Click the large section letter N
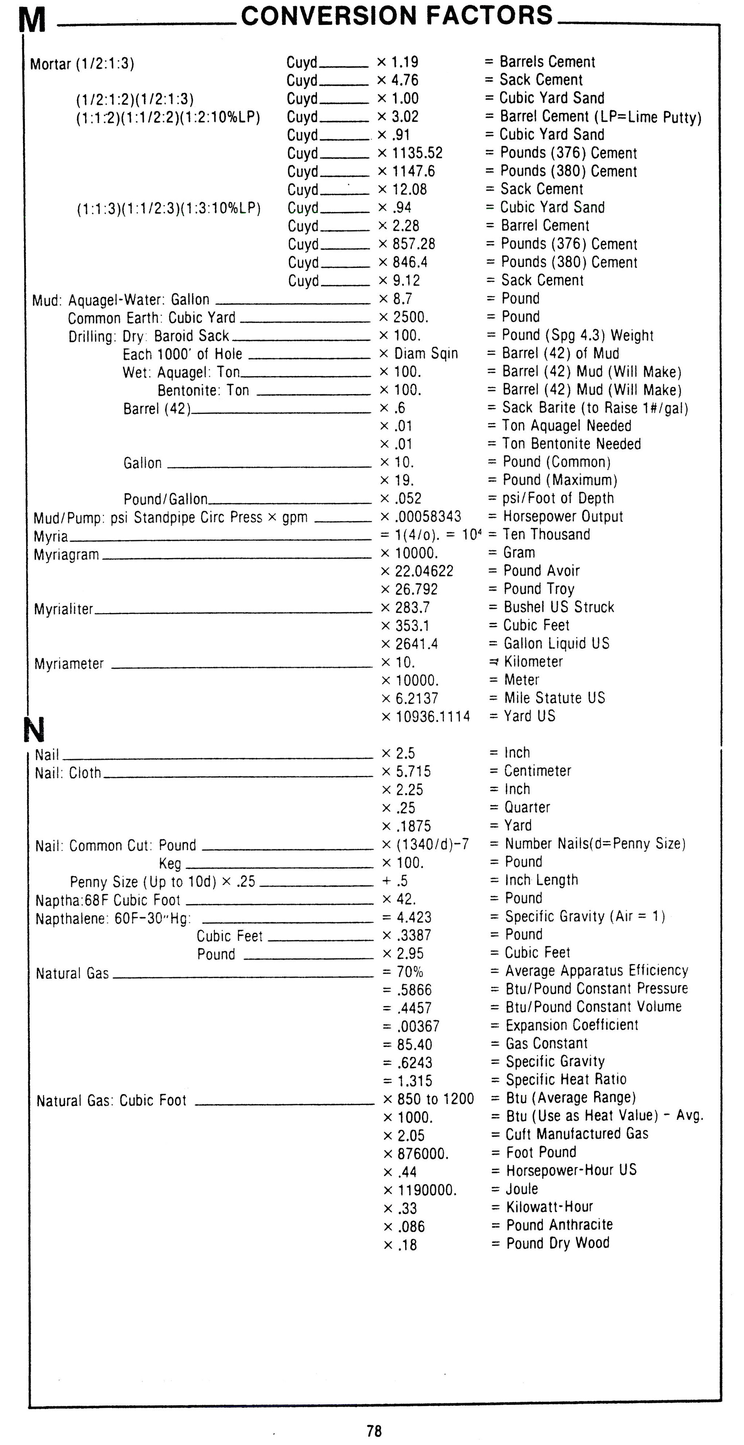(x=34, y=730)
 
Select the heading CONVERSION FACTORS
(x=397, y=15)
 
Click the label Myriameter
(x=69, y=664)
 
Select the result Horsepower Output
(x=563, y=517)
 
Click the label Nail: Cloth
(x=68, y=773)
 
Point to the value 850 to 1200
(x=435, y=1099)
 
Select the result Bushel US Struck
(x=559, y=607)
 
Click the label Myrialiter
(x=63, y=609)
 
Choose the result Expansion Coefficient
(x=572, y=1025)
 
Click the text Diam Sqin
(x=426, y=353)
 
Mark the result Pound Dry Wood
(x=558, y=1243)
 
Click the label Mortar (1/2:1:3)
(x=82, y=64)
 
